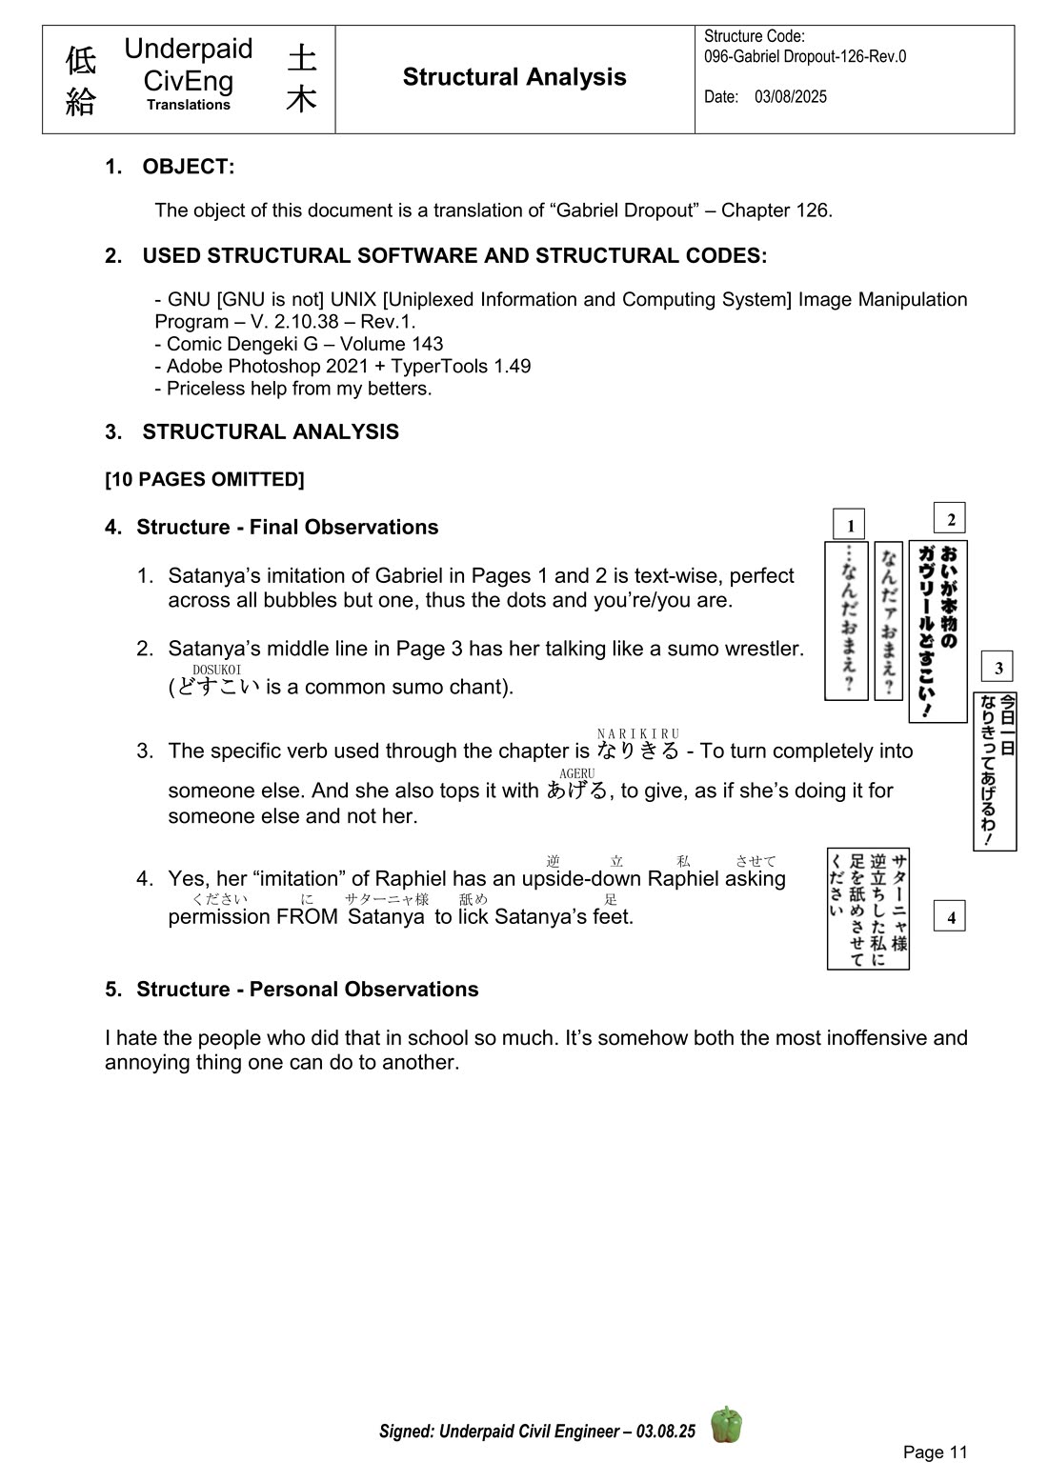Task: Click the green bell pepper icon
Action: click(x=727, y=1425)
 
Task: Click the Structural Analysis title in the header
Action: click(x=514, y=77)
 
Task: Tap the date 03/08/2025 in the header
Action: click(x=790, y=97)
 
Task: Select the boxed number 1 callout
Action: click(x=850, y=524)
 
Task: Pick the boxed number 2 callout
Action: click(x=950, y=518)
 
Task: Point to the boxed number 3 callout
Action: click(x=998, y=667)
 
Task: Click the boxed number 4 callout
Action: click(x=950, y=916)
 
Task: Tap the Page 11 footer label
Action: click(x=935, y=1452)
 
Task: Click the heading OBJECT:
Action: click(x=188, y=167)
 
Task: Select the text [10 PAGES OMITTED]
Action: click(x=205, y=479)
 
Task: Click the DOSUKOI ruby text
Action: click(x=216, y=670)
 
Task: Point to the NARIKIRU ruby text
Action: click(x=638, y=733)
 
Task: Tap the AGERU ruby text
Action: click(x=577, y=773)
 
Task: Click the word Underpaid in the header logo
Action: click(x=189, y=50)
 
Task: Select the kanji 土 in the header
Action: click(x=301, y=58)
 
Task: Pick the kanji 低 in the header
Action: click(x=80, y=60)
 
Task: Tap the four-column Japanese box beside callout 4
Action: click(x=868, y=909)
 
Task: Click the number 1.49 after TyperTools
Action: click(x=512, y=367)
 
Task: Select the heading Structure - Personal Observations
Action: click(x=307, y=990)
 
